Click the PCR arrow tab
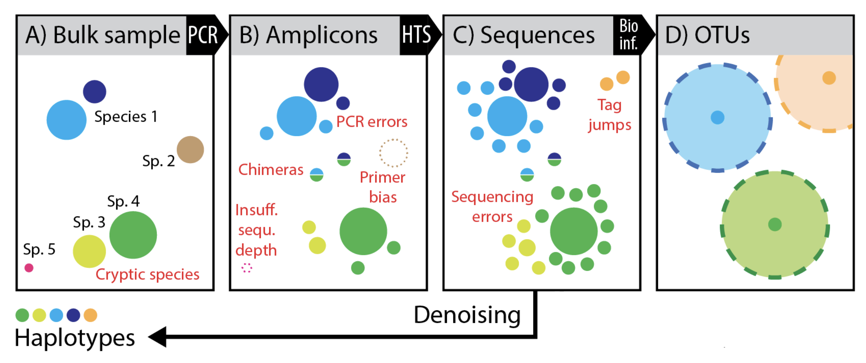coord(203,35)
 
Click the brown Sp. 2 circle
coord(190,150)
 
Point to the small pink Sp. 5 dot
coord(29,268)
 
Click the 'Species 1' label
coord(126,117)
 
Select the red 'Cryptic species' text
coord(147,275)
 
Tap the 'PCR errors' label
coord(371,122)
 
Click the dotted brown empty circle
coord(393,153)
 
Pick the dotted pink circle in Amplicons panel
coord(247,268)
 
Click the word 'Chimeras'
coord(270,170)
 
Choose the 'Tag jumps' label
coord(610,115)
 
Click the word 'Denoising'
coord(467,315)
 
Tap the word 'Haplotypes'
coord(75,338)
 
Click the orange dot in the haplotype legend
coord(91,315)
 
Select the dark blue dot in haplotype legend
coord(73,315)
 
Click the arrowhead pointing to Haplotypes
coord(158,337)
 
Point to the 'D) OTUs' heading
coord(707,35)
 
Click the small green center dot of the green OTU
coord(775,224)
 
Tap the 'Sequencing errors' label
coord(492,207)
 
